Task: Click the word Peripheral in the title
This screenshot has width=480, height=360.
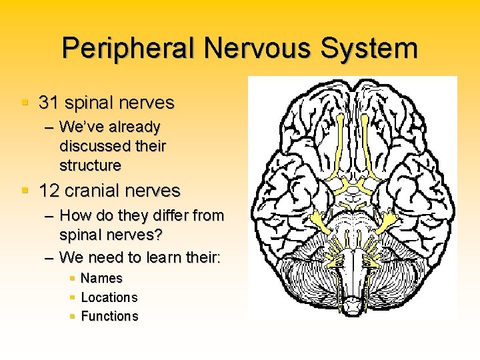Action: pyautogui.click(x=129, y=49)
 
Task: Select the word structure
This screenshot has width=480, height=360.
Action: pyautogui.click(x=91, y=165)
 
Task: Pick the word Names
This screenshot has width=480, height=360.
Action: pyautogui.click(x=101, y=278)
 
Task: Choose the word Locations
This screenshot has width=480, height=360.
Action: pyautogui.click(x=109, y=297)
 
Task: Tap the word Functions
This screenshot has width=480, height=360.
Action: pyautogui.click(x=109, y=316)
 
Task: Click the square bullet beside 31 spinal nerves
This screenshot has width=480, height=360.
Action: pyautogui.click(x=25, y=103)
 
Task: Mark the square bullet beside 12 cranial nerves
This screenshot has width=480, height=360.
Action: pyautogui.click(x=25, y=191)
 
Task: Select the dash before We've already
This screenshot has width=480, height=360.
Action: pyautogui.click(x=49, y=127)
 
